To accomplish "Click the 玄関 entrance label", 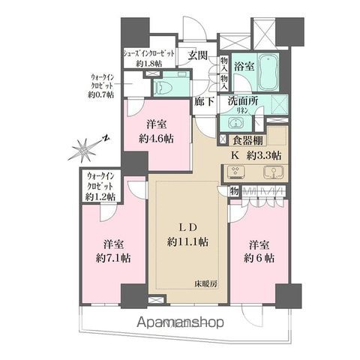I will point(198,55).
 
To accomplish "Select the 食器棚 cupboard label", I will point(247,139).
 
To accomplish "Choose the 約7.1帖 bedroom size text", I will point(112,256).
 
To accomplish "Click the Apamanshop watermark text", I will point(181,324).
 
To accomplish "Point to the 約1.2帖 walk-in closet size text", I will point(100,196).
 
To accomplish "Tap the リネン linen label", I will point(244,111).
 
